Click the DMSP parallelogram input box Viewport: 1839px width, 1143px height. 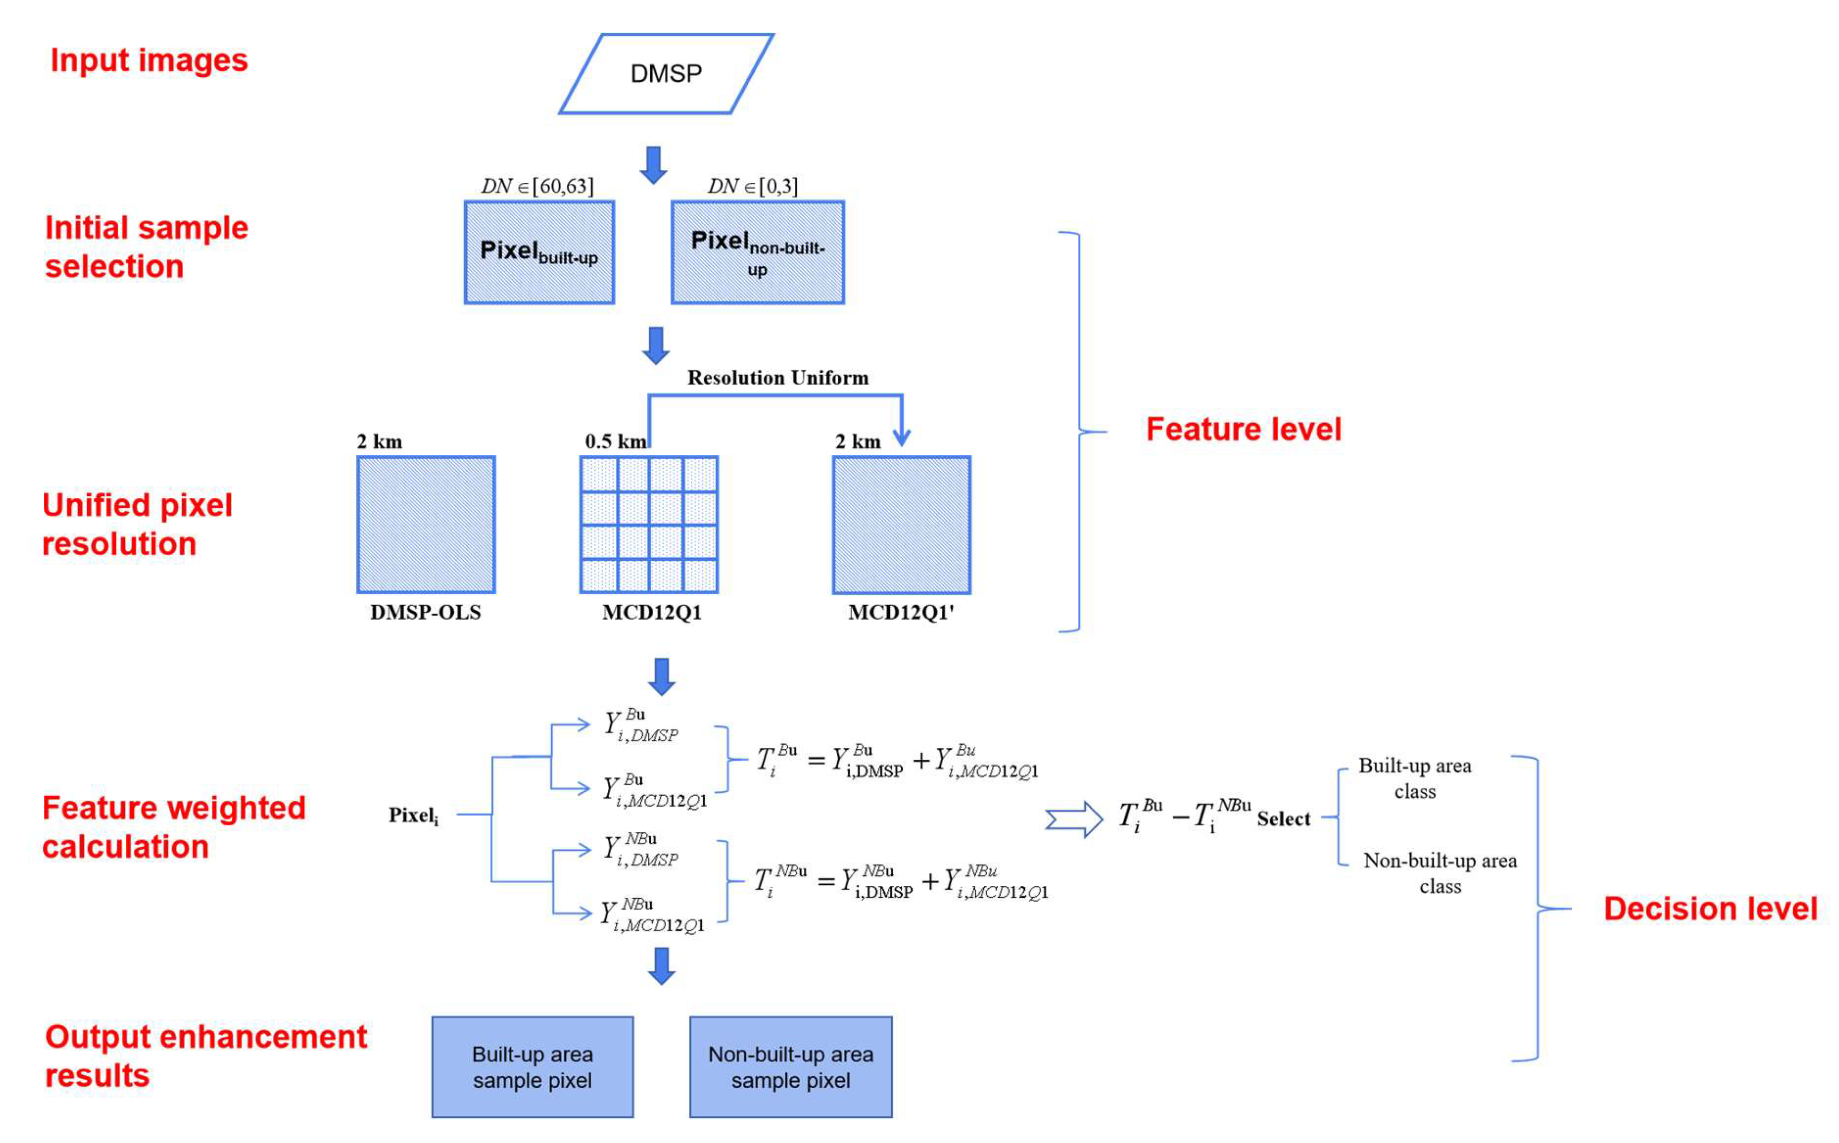[x=665, y=73]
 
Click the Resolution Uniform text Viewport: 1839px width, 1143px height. [x=777, y=377]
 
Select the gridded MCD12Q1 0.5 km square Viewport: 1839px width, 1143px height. [x=649, y=524]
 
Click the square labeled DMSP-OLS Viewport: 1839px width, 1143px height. [x=426, y=524]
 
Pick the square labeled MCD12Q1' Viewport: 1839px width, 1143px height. [x=901, y=524]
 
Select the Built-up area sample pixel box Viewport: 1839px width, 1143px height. [x=532, y=1066]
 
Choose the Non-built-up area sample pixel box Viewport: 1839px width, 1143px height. [x=791, y=1066]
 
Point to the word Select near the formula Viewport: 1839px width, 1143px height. [x=1283, y=819]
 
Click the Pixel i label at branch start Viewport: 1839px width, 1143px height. [x=413, y=815]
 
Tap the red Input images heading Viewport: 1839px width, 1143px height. [x=149, y=60]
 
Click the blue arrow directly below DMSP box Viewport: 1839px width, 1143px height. [x=653, y=165]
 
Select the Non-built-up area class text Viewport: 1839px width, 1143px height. [x=1440, y=873]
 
